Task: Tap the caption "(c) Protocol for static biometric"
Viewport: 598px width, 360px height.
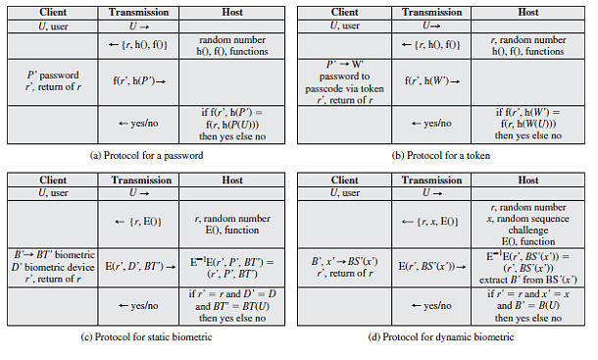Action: tap(149, 337)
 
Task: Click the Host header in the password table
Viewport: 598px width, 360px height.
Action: tap(233, 13)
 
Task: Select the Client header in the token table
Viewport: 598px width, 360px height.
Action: tap(345, 13)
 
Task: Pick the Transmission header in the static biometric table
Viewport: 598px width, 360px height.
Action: tap(140, 180)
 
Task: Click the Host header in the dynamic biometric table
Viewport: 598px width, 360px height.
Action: tap(528, 180)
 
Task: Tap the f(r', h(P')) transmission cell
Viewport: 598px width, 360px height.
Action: tap(140, 82)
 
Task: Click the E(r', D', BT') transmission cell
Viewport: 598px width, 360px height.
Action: tap(140, 265)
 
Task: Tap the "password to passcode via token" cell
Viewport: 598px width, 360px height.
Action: tap(345, 82)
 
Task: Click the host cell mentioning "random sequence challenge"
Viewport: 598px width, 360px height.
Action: tap(528, 223)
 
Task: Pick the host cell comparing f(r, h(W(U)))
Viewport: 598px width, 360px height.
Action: tap(528, 124)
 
